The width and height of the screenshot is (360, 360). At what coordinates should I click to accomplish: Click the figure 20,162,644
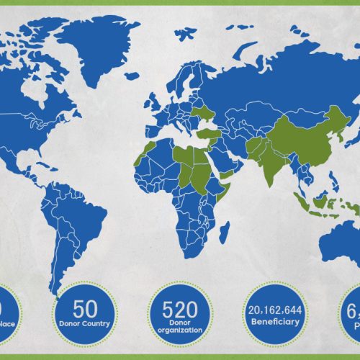[274, 310]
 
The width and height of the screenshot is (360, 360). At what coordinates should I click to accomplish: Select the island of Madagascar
[225, 231]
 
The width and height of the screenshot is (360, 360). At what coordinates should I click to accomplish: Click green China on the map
[302, 133]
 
